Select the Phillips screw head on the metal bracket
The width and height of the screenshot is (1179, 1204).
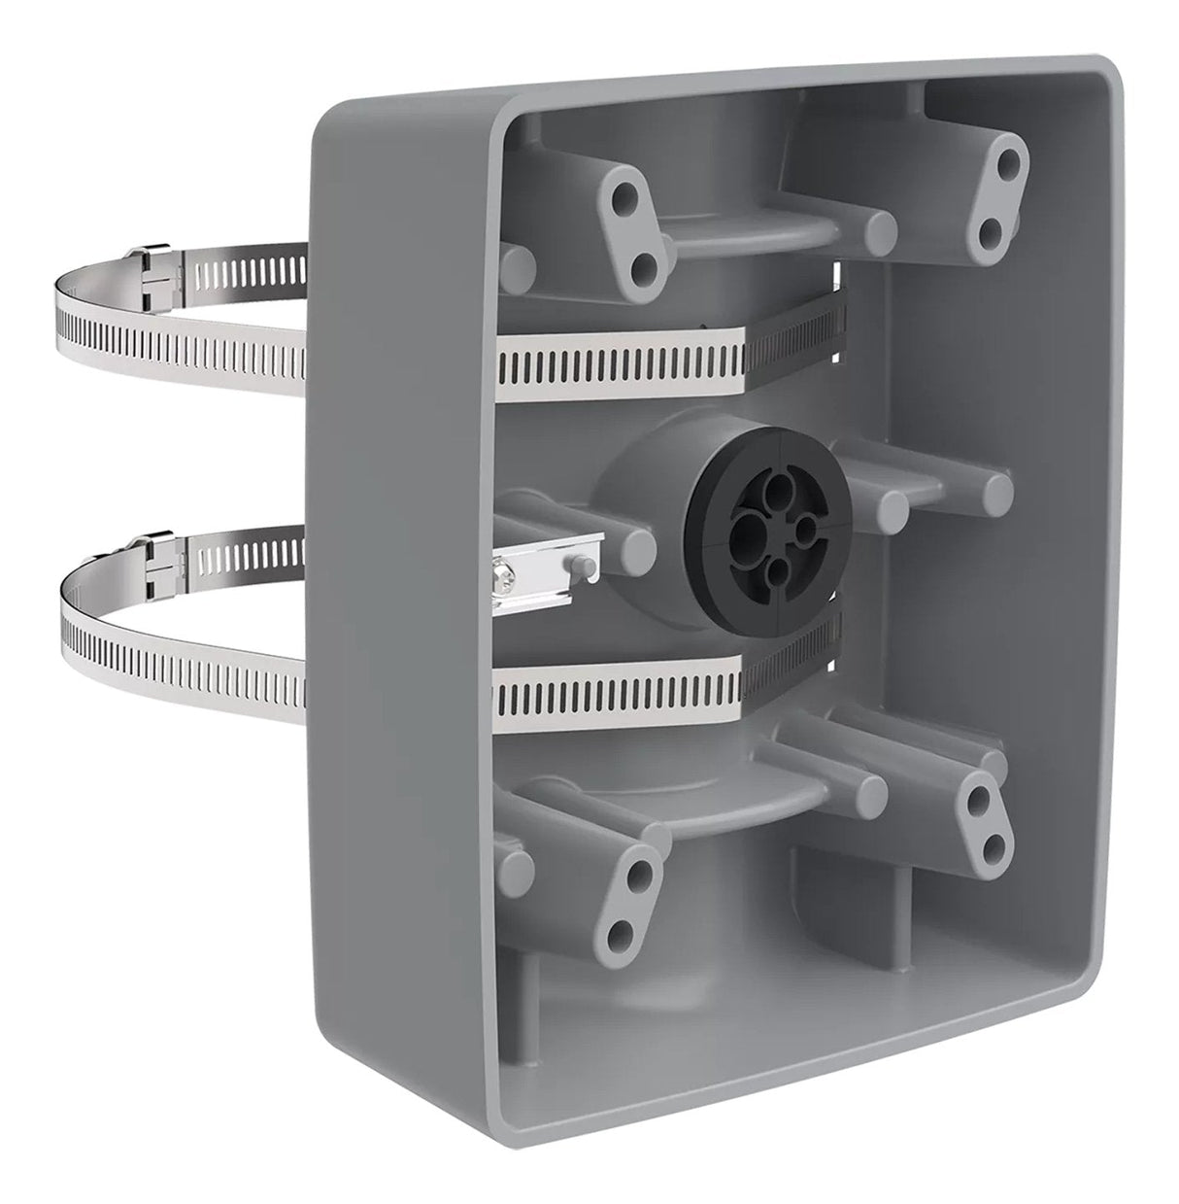pyautogui.click(x=508, y=581)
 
